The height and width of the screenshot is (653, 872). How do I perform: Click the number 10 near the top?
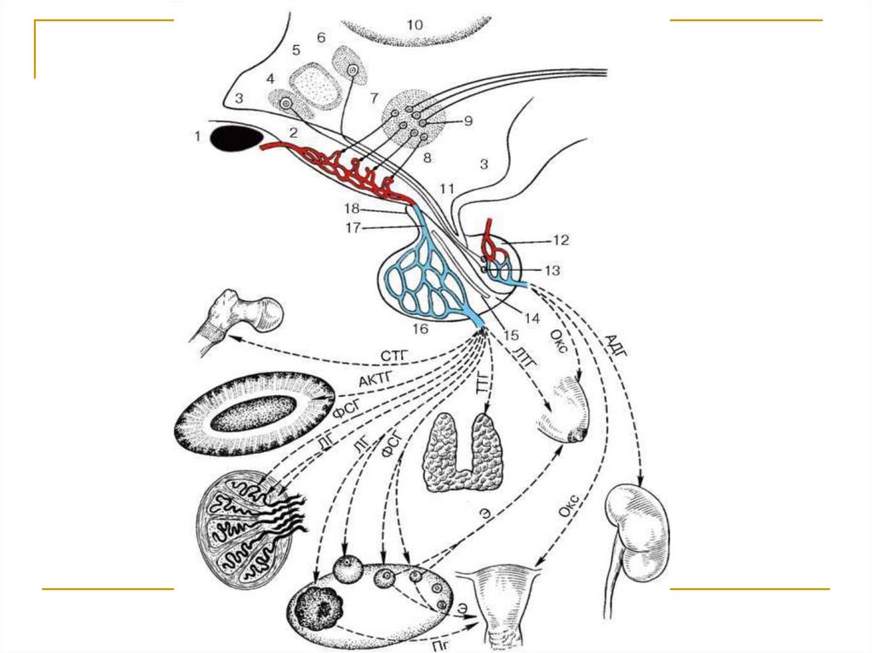tap(414, 26)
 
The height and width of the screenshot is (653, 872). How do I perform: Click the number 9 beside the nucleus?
tap(467, 121)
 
